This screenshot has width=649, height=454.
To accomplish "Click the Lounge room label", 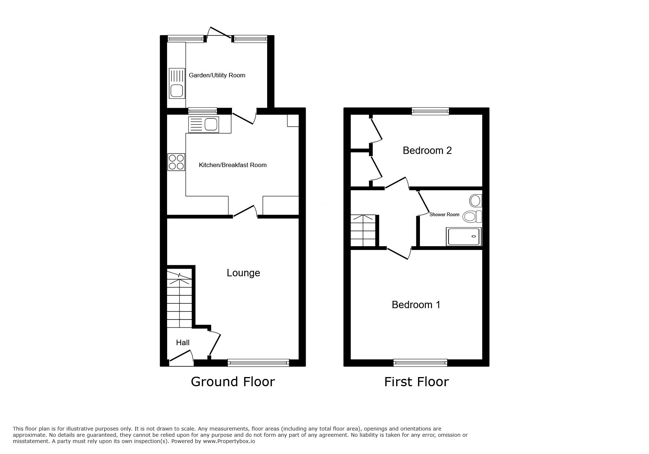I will coord(243,273).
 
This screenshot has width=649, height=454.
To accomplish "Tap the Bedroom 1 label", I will coord(416,305).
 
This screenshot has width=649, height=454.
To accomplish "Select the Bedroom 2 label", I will coord(427,151).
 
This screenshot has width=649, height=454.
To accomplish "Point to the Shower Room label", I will coord(444,215).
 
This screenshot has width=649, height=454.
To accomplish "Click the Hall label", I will coord(182,343).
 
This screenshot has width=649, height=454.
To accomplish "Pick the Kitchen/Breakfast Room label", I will coord(232,165).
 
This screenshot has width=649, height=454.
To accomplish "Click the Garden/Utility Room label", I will coord(217,75).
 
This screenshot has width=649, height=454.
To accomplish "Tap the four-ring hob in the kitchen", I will coord(176,162).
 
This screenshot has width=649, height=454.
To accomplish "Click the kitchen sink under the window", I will coord(203,125).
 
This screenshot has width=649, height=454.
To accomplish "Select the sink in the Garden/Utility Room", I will coord(177,84).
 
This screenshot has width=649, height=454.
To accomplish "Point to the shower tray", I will coord(463,237).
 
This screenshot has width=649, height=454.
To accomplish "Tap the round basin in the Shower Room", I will coord(476,201).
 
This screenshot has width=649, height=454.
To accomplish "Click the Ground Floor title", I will coord(233,382).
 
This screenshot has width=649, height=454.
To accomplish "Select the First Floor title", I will coord(416,382).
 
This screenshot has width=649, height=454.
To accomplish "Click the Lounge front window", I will coord(258,363).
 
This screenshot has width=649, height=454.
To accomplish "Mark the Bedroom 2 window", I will coord(430,111).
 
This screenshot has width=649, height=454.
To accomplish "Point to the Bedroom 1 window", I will coord(420,363).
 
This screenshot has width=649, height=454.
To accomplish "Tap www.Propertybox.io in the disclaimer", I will coord(229,442).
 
